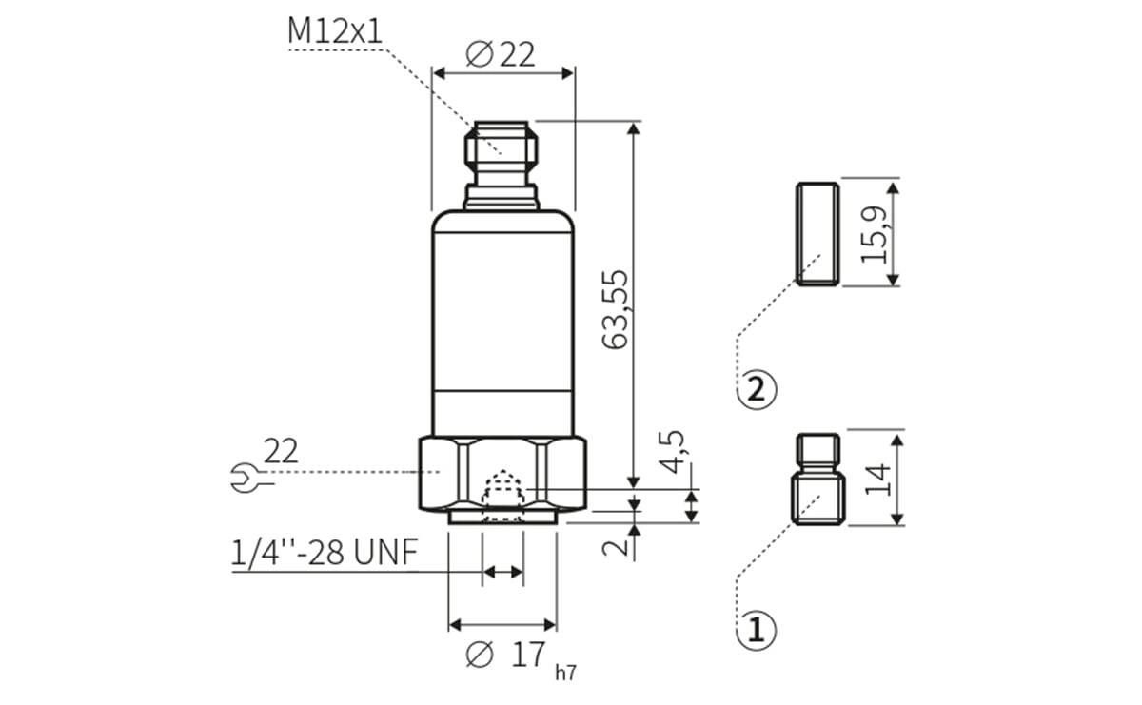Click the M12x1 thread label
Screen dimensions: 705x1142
point(335,30)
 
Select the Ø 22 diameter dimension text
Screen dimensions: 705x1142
point(502,54)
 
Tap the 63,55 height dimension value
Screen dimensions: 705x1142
point(616,308)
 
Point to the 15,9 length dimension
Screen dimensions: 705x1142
point(874,233)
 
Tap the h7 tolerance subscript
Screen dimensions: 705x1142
point(565,673)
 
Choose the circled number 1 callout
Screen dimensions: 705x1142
point(758,630)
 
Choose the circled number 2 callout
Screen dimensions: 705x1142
point(758,389)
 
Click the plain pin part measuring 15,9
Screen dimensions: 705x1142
point(817,233)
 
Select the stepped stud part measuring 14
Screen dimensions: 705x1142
point(817,479)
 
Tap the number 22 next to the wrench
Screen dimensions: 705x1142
point(281,451)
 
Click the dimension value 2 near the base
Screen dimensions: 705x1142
point(618,545)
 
